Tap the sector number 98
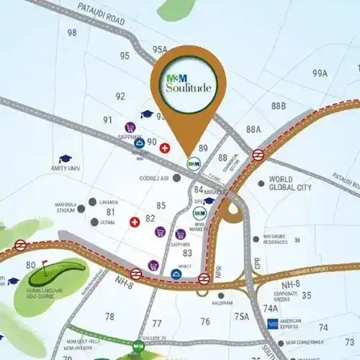tap(72, 32)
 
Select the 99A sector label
tap(320, 73)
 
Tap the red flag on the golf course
tap(44, 263)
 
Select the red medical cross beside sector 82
tap(134, 222)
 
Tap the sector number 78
tap(109, 316)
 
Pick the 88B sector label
tap(279, 107)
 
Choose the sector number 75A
tap(241, 316)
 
